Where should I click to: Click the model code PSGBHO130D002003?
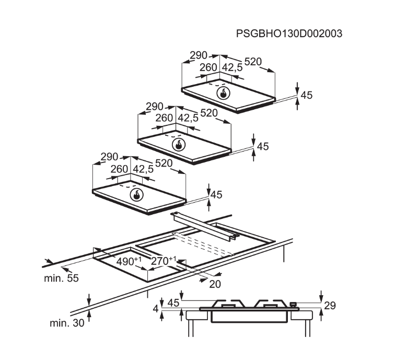tap(289, 34)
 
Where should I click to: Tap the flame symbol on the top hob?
tap(223, 93)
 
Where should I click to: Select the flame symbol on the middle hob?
tap(179, 145)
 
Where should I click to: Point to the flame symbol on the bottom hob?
tap(136, 195)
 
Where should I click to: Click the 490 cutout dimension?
tap(129, 261)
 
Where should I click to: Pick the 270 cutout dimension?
tap(164, 261)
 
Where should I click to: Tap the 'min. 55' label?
tap(61, 278)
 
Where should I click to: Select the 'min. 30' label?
tap(67, 323)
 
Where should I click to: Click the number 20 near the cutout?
tap(215, 284)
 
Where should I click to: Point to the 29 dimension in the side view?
tap(330, 306)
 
